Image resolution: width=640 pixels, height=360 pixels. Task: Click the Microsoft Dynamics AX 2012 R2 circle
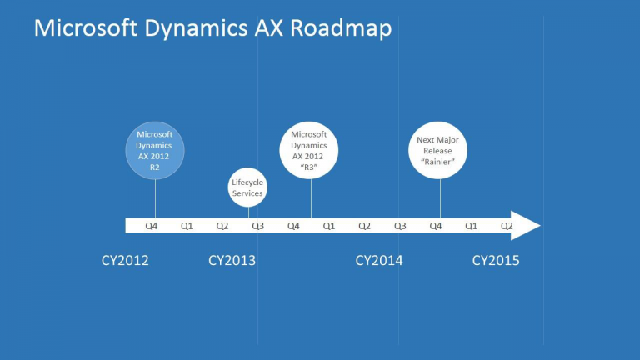pyautogui.click(x=155, y=149)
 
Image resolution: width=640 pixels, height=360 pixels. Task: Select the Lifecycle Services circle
pyautogui.click(x=247, y=187)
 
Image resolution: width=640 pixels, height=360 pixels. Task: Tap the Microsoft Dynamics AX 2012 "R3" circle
pyautogui.click(x=309, y=150)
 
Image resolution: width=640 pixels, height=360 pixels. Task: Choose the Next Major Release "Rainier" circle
pyautogui.click(x=437, y=150)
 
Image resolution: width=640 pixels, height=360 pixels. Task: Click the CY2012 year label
pyautogui.click(x=125, y=261)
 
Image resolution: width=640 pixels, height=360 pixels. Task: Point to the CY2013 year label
pyautogui.click(x=232, y=261)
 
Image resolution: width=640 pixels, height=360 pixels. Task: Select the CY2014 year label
pyautogui.click(x=379, y=261)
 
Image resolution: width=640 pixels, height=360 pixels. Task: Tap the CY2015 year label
pyautogui.click(x=496, y=261)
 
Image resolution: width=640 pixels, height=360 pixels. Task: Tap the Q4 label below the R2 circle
pyautogui.click(x=151, y=226)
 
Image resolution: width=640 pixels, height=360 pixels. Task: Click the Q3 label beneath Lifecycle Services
pyautogui.click(x=258, y=226)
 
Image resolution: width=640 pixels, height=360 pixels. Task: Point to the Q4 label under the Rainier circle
pyautogui.click(x=435, y=226)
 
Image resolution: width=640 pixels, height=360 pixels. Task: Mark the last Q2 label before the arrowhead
pyautogui.click(x=506, y=226)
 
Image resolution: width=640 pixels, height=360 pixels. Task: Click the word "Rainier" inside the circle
pyautogui.click(x=437, y=162)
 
